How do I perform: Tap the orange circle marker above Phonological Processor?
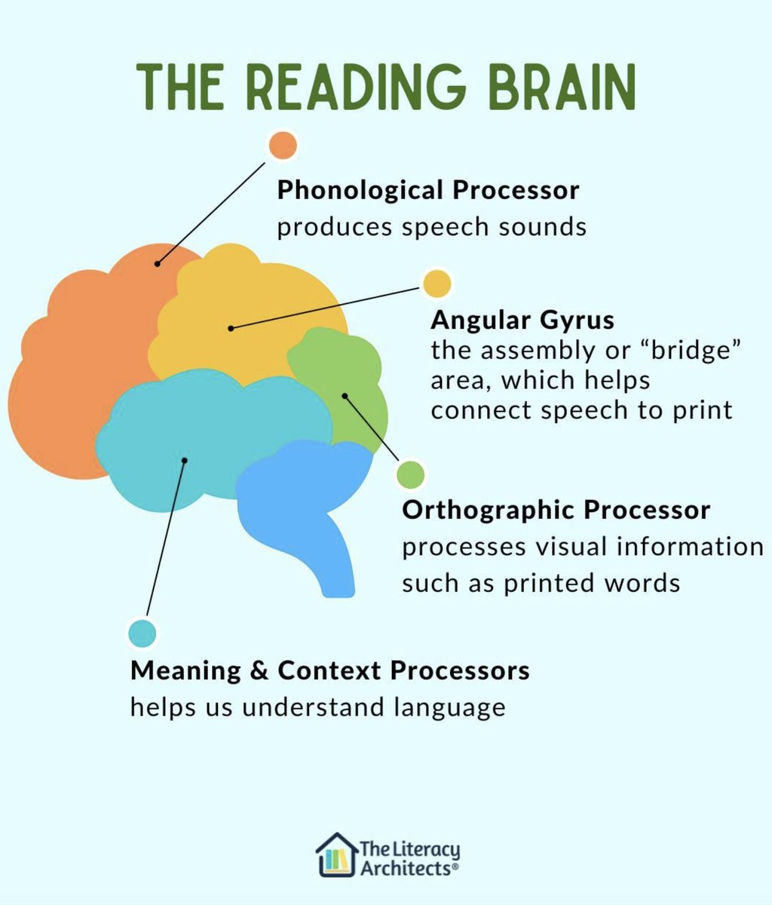(x=283, y=145)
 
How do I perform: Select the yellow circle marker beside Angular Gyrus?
(x=437, y=284)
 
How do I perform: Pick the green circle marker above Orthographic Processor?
(x=411, y=474)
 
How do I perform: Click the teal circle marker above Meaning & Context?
(x=142, y=633)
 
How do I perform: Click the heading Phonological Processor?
(x=427, y=190)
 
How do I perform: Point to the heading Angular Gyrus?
(x=522, y=321)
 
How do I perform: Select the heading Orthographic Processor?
(x=556, y=510)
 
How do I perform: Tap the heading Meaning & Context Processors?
(x=329, y=670)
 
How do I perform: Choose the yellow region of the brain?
(x=249, y=302)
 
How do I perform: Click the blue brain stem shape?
(x=302, y=498)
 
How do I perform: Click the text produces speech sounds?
(x=431, y=227)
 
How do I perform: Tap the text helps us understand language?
(x=317, y=707)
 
